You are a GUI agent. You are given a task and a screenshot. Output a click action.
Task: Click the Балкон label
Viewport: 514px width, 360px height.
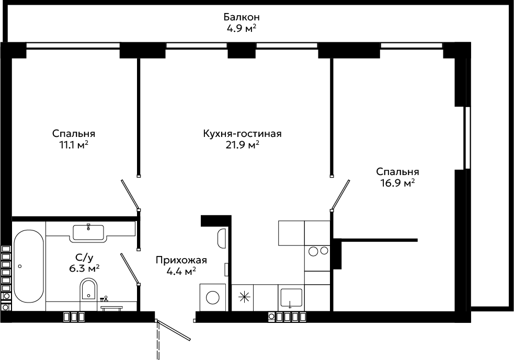(242, 16)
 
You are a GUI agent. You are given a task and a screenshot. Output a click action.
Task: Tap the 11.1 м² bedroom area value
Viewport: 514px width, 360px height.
(74, 145)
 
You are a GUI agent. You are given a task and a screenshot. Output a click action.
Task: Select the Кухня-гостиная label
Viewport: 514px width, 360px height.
(242, 134)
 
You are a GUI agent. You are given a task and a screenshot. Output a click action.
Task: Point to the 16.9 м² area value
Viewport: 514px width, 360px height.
(397, 183)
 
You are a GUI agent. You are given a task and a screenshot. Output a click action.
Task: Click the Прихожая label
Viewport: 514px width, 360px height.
(181, 260)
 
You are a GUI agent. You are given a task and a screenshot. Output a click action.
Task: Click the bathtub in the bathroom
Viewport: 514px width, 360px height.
(29, 266)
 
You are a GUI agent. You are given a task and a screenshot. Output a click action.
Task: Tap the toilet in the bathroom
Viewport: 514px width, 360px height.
(89, 289)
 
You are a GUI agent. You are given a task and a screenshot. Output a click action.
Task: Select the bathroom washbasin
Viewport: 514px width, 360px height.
(88, 233)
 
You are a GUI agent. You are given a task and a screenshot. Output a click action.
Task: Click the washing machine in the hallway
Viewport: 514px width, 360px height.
(212, 297)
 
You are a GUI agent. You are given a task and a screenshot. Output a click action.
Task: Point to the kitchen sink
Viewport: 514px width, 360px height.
(290, 298)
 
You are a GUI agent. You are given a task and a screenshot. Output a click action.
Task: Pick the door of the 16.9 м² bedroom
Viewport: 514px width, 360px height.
(340, 194)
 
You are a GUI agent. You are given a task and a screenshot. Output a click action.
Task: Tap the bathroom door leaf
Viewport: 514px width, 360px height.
(130, 269)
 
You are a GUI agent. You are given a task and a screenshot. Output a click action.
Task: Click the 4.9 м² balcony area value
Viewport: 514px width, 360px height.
(241, 28)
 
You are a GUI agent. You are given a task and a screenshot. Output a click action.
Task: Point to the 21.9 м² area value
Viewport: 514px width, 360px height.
(242, 145)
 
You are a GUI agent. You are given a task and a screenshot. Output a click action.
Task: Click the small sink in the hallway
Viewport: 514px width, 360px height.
(222, 238)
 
